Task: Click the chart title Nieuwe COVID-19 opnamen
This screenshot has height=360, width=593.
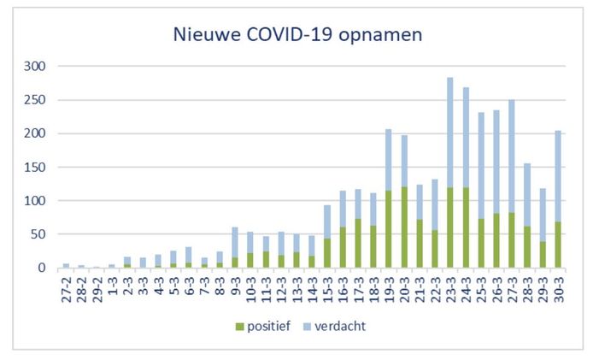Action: [x=296, y=35]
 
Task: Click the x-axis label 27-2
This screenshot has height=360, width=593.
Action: [x=67, y=287]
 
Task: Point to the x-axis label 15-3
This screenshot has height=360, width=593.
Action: [x=328, y=287]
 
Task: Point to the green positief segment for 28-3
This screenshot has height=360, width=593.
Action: [x=527, y=247]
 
